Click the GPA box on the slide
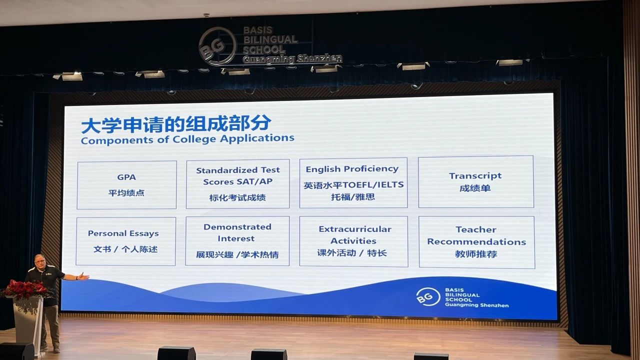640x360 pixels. pyautogui.click(x=126, y=185)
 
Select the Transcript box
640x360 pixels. pyautogui.click(x=476, y=181)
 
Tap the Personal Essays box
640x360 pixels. pyautogui.click(x=125, y=241)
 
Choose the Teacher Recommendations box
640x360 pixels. pyautogui.click(x=477, y=242)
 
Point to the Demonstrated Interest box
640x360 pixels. pyautogui.click(x=237, y=241)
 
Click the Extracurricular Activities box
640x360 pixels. pyautogui.click(x=353, y=241)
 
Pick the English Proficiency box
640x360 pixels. pyautogui.click(x=353, y=183)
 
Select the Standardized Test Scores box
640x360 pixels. pyautogui.click(x=237, y=183)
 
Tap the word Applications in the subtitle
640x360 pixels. pyautogui.click(x=257, y=138)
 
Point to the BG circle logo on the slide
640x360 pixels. pyautogui.click(x=427, y=296)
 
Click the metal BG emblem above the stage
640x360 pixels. pyautogui.click(x=217, y=46)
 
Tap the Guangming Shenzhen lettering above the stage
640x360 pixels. pyautogui.click(x=292, y=59)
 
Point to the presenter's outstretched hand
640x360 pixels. pyautogui.click(x=84, y=276)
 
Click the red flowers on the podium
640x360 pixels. pyautogui.click(x=24, y=289)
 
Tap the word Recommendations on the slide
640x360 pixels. pyautogui.click(x=476, y=241)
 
